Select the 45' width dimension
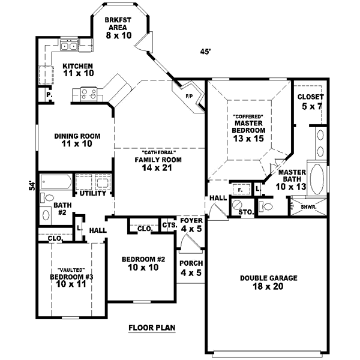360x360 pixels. tap(205, 52)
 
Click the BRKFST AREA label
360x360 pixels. tap(118, 28)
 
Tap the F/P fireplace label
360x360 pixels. tap(188, 95)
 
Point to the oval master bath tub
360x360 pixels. tap(317, 179)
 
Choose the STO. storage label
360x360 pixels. tap(244, 212)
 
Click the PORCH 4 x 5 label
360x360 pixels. tap(191, 268)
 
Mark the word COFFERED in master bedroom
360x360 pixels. tap(248, 115)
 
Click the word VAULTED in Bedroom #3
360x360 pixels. tap(71, 270)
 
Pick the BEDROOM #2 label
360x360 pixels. tap(143, 263)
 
